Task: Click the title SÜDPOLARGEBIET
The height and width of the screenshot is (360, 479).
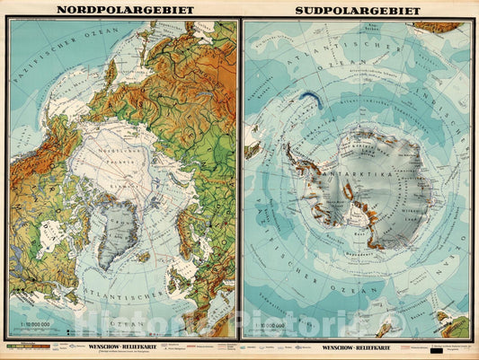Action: point(358,11)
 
